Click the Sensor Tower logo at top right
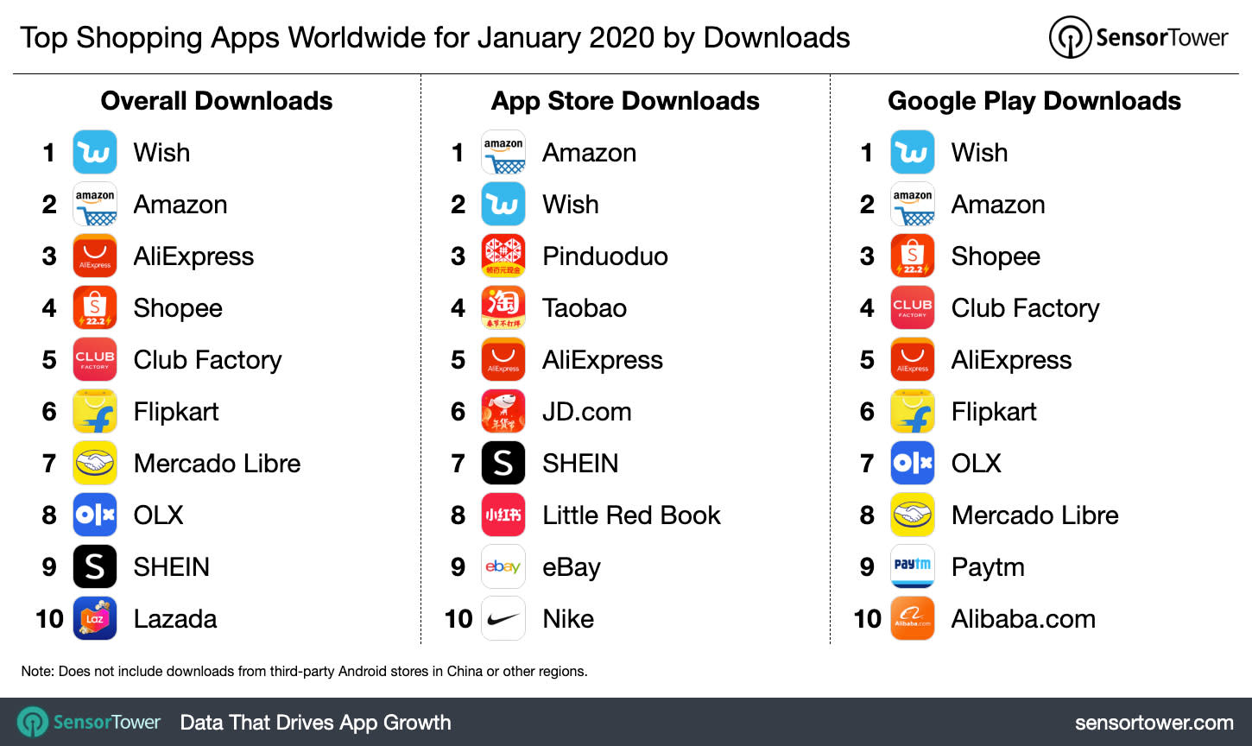(x=1138, y=38)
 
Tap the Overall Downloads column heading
(x=217, y=101)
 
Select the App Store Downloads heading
(x=625, y=101)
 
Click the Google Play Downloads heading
(x=1034, y=101)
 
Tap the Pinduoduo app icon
(x=503, y=256)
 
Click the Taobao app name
(x=585, y=308)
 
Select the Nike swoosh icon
(x=503, y=619)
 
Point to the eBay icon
(x=503, y=567)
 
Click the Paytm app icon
(x=913, y=567)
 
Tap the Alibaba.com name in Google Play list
(x=1023, y=619)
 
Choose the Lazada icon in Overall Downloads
(x=95, y=619)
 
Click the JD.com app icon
(x=503, y=412)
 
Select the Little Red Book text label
(x=631, y=515)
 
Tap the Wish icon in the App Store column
(x=503, y=205)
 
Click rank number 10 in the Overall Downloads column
(x=49, y=619)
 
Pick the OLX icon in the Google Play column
(x=913, y=464)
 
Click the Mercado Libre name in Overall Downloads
(x=217, y=464)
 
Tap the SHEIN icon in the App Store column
(x=503, y=464)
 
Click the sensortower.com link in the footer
(x=1154, y=723)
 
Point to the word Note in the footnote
(x=37, y=671)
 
